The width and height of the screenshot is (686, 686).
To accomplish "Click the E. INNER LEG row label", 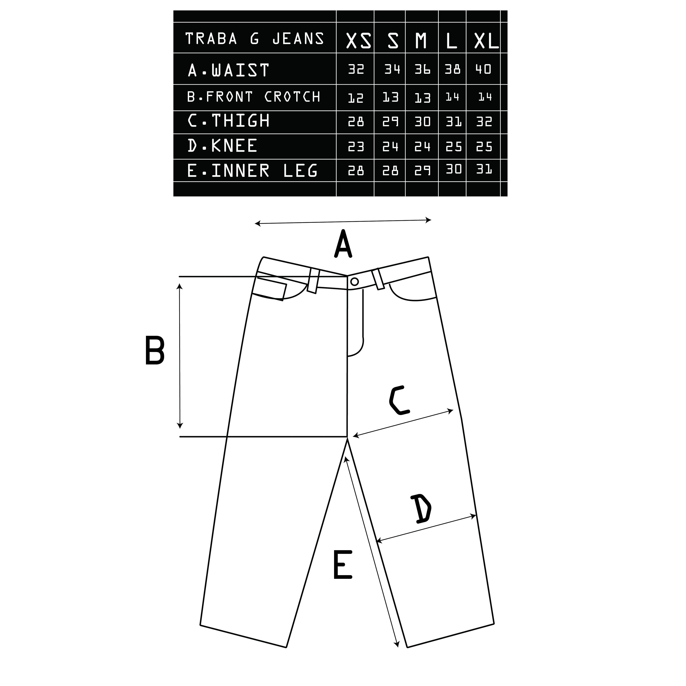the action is tap(252, 171).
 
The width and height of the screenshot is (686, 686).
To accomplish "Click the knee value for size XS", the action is tap(356, 146).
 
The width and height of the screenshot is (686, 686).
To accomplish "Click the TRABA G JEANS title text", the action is tap(255, 39).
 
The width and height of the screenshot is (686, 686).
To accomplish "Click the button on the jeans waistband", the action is tap(354, 282).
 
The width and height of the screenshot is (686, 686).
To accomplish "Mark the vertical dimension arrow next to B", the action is tap(180, 356).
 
